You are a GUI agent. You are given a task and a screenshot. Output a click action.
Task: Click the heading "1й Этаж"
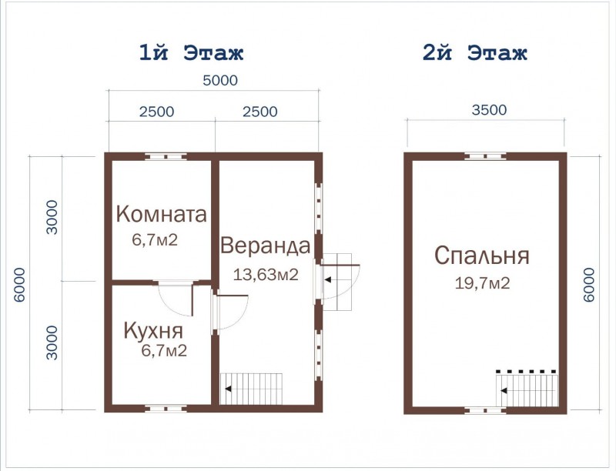point(191,53)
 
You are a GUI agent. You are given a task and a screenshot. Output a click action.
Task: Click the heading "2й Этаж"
point(474,53)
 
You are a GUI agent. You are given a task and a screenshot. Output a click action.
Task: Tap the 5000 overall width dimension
point(219,80)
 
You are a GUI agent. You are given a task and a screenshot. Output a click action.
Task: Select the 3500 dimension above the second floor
point(488,109)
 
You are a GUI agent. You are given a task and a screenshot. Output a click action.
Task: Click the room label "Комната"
point(161,214)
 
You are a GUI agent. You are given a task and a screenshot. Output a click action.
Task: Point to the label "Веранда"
point(265,246)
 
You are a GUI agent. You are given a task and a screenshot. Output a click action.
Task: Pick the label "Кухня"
point(153,331)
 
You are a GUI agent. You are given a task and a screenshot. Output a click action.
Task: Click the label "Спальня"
point(481,256)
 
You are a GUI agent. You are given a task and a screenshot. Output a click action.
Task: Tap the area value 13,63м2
point(266,275)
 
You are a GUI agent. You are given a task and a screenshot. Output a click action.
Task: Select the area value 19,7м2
point(482,283)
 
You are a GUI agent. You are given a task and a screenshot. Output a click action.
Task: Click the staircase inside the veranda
point(252,387)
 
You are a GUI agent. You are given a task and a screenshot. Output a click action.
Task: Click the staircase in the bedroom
point(528,385)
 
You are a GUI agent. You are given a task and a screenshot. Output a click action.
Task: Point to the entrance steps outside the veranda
point(341,280)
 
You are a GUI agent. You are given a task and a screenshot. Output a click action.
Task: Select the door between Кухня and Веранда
point(229,312)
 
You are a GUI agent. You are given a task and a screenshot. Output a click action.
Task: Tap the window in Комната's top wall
point(166,156)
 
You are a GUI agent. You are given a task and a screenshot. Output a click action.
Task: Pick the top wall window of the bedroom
point(485,156)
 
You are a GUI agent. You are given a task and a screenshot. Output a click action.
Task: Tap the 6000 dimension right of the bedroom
point(590,285)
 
